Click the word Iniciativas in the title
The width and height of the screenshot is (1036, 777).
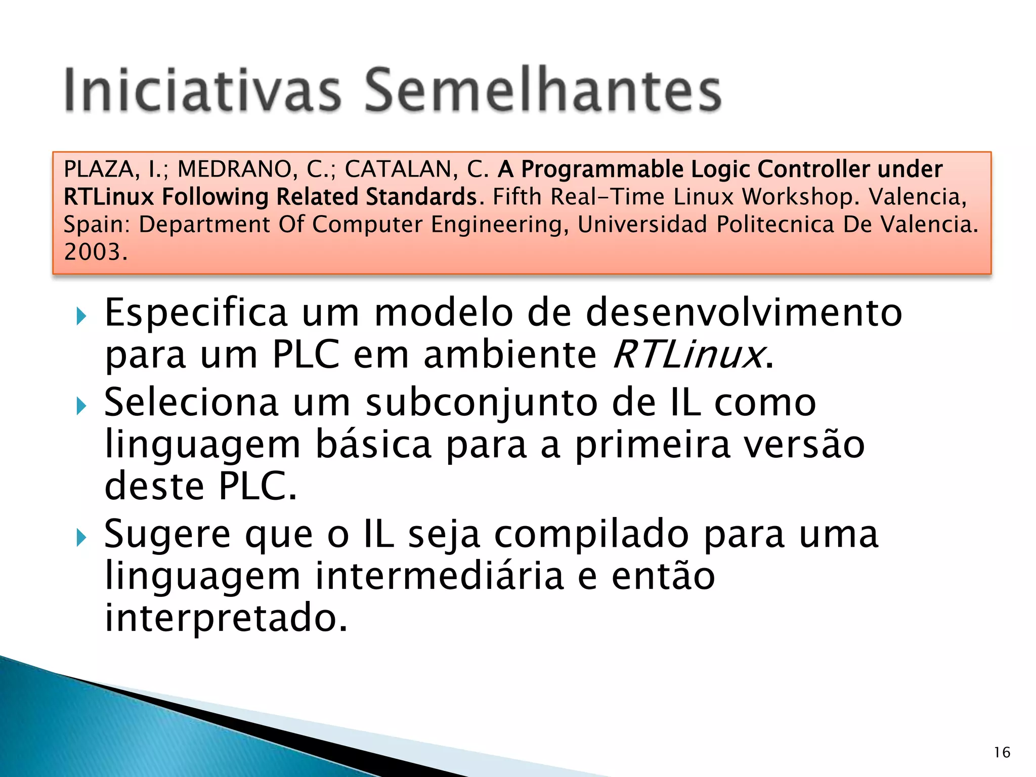pyautogui.click(x=202, y=90)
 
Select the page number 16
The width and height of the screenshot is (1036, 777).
pyautogui.click(x=1002, y=752)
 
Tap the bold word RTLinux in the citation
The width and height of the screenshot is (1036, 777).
pyautogui.click(x=108, y=197)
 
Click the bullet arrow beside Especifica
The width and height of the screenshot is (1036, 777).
pyautogui.click(x=81, y=317)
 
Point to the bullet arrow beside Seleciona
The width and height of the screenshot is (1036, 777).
pyautogui.click(x=81, y=406)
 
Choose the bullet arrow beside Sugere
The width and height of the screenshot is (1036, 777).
pyautogui.click(x=81, y=538)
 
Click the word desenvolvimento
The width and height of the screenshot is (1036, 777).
pyautogui.click(x=744, y=313)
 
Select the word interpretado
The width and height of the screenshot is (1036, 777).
pyautogui.click(x=226, y=618)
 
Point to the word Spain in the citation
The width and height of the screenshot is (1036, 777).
pyautogui.click(x=94, y=225)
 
